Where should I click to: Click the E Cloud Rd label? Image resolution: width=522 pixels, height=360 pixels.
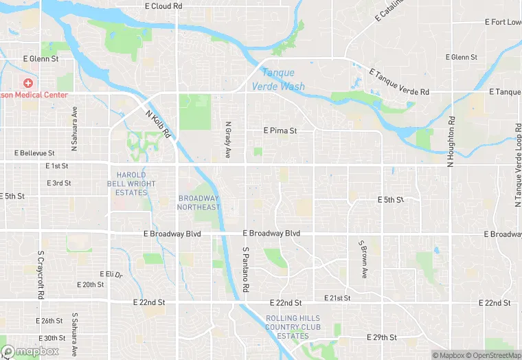pyautogui.click(x=163, y=6)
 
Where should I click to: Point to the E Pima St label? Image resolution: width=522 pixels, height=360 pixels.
pyautogui.click(x=280, y=130)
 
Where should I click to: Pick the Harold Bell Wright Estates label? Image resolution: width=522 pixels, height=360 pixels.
pyautogui.click(x=131, y=184)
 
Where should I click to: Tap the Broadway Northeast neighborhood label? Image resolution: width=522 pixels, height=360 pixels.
pyautogui.click(x=199, y=203)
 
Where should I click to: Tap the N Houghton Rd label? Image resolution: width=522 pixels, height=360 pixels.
pyautogui.click(x=451, y=142)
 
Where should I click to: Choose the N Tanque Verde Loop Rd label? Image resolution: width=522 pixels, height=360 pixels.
pyautogui.click(x=517, y=166)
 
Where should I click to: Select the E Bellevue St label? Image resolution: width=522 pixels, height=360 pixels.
pyautogui.click(x=34, y=153)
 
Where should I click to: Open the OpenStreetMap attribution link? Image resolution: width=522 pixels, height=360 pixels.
pyautogui.click(x=495, y=355)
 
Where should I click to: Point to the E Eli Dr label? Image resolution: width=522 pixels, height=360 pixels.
pyautogui.click(x=110, y=274)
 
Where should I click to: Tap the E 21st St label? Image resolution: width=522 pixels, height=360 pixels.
pyautogui.click(x=337, y=298)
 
